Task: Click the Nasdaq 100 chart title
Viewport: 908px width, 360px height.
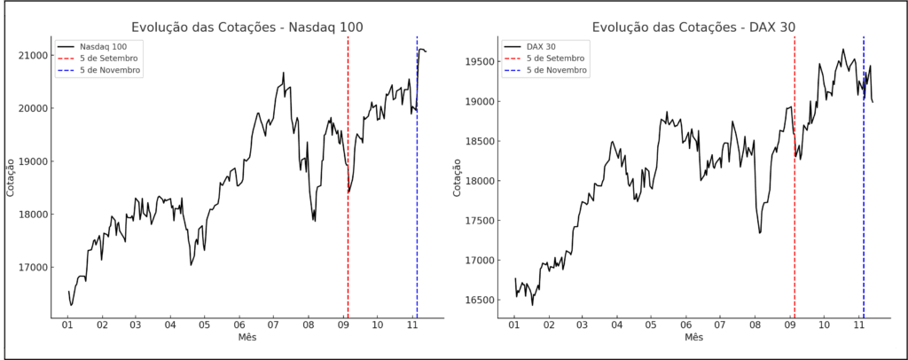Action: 247,27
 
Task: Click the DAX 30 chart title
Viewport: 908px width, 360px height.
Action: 693,27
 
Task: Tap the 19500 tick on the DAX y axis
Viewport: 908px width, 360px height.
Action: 479,61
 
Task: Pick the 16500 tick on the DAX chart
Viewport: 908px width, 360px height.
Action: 479,300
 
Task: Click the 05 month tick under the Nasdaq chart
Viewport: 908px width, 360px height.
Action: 205,325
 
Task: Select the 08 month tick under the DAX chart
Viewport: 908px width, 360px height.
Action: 755,325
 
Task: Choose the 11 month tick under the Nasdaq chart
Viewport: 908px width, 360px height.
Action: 412,325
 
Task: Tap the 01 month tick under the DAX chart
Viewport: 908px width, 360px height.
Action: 514,325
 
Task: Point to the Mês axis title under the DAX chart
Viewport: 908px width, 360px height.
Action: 693,338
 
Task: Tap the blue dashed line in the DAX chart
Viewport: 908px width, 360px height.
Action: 864,222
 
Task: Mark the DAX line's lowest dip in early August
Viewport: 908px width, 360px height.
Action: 760,232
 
